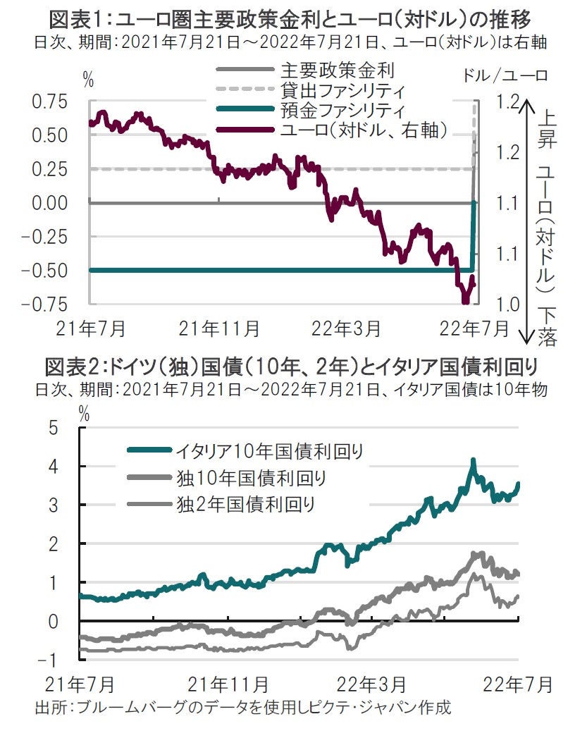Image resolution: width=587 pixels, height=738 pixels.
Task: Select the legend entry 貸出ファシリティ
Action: click(342, 90)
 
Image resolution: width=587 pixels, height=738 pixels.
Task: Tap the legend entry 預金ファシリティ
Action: click(342, 110)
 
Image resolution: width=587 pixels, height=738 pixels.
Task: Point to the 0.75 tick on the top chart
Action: click(50, 102)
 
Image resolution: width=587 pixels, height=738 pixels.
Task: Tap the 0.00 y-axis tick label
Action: click(50, 203)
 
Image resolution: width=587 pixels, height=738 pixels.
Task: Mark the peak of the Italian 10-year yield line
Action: click(473, 460)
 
